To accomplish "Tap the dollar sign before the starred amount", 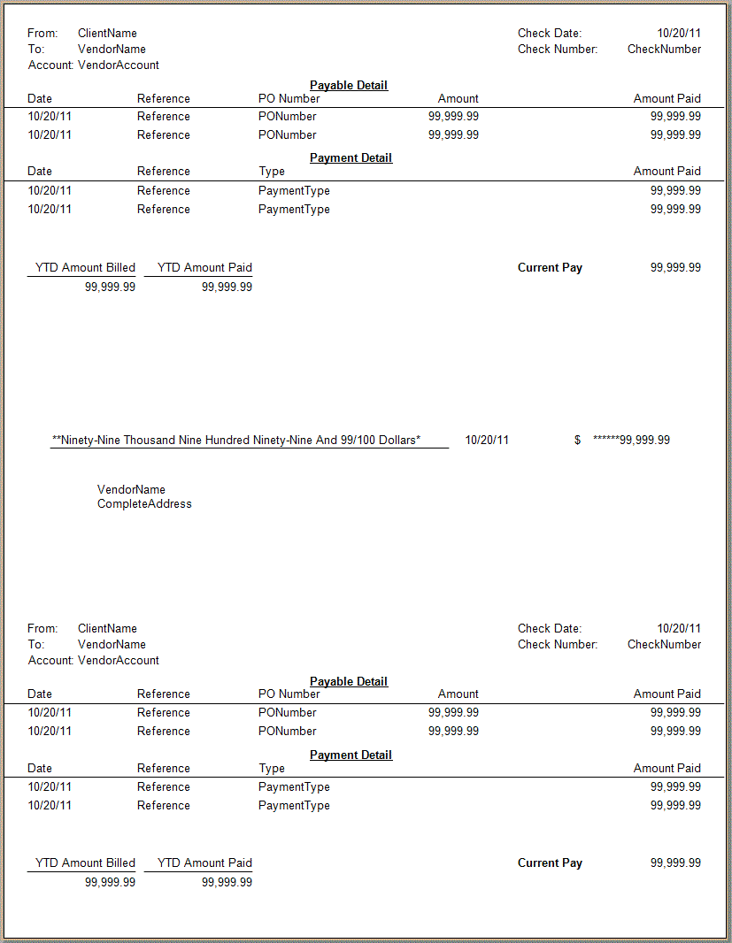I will [577, 440].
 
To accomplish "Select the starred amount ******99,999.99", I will [631, 440].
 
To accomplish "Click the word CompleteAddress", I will [144, 504].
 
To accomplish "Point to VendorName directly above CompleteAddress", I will [131, 489].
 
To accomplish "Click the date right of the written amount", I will [487, 440].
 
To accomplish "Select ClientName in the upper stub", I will [107, 34].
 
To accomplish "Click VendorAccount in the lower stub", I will [119, 661].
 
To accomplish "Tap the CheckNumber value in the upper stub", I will [664, 50].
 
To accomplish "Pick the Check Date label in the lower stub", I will [550, 629].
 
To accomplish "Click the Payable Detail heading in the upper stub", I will [349, 85].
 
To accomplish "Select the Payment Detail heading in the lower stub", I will [351, 755].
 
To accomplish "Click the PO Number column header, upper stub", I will [289, 99].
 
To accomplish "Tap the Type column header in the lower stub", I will [272, 769].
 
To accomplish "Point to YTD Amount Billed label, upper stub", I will [85, 267].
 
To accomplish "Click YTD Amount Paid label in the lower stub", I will [204, 862].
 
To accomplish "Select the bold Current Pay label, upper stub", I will [550, 267].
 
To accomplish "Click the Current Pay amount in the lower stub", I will [675, 862].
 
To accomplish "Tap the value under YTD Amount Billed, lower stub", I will [110, 882].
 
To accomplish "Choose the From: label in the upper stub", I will [42, 34].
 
